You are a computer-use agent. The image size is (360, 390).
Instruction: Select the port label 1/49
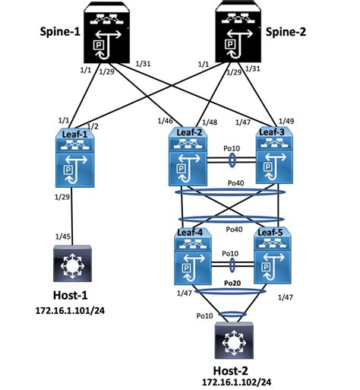pyautogui.click(x=286, y=121)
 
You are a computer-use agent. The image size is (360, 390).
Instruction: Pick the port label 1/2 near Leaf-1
pyautogui.click(x=93, y=125)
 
